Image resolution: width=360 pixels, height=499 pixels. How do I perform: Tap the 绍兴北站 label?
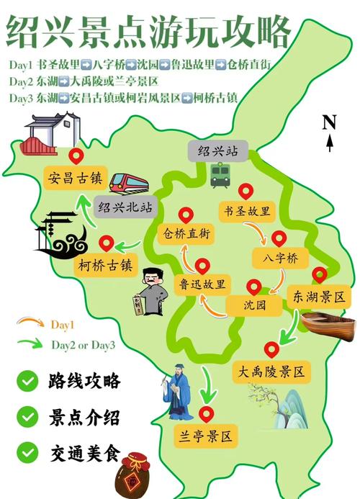tap(127, 207)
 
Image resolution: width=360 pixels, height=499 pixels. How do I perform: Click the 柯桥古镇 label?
tap(106, 265)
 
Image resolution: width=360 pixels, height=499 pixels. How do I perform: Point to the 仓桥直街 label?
tap(185, 233)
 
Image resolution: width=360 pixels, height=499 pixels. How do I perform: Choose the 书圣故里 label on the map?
tap(247, 211)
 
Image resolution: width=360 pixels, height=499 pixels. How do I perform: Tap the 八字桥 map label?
tap(275, 258)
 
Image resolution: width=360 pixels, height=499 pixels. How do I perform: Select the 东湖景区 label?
tap(318, 296)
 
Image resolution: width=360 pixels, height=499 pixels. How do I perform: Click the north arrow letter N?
tap(330, 122)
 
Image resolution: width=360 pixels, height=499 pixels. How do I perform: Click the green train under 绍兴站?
tap(220, 174)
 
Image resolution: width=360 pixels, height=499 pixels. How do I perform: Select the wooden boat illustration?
tap(329, 323)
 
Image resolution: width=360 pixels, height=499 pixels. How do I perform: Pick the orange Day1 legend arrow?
tap(30, 324)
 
